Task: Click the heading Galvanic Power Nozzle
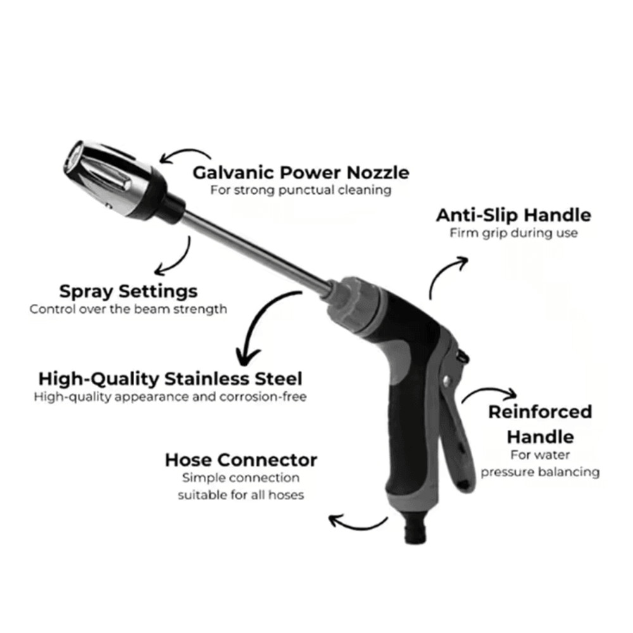[301, 172]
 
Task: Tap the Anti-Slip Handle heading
[513, 215]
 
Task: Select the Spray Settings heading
[128, 292]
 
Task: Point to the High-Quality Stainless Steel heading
[170, 379]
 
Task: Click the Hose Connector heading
[241, 460]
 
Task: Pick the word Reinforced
[540, 412]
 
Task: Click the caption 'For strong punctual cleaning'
[301, 190]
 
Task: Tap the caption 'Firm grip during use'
[513, 233]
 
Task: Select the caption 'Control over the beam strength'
[128, 310]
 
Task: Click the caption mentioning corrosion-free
[170, 398]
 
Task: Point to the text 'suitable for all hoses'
[241, 494]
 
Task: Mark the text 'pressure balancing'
[540, 472]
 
